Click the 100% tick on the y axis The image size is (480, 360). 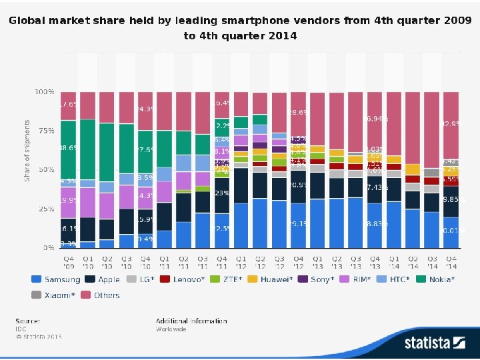pyautogui.click(x=45, y=91)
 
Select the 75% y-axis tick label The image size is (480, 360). pyautogui.click(x=46, y=131)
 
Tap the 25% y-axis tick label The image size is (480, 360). pyautogui.click(x=46, y=209)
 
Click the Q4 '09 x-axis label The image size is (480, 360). pyautogui.click(x=69, y=261)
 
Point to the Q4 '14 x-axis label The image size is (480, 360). pyautogui.click(x=451, y=261)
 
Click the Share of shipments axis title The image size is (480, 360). pyautogui.click(x=27, y=151)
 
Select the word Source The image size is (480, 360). pyautogui.click(x=28, y=321)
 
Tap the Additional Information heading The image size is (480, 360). pyautogui.click(x=191, y=321)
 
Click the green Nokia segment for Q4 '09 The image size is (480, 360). pyautogui.click(x=69, y=148)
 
